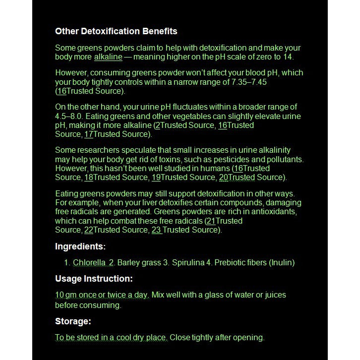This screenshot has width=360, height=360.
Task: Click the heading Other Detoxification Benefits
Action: coord(116,31)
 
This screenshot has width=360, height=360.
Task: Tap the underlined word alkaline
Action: coord(108,57)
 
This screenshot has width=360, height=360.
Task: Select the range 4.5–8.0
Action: coord(73,116)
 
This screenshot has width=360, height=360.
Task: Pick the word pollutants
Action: coord(284,159)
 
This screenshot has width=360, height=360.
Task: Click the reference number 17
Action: coord(89,134)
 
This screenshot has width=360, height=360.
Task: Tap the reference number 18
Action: coord(89,178)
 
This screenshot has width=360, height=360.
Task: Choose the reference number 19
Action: coord(156,178)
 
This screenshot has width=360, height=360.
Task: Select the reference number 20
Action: coord(224,178)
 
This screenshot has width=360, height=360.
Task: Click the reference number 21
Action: coord(211,221)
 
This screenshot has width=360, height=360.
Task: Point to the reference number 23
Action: coord(157,230)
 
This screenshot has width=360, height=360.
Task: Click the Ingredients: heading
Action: coord(80,246)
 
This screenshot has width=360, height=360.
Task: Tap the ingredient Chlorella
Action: coord(89,262)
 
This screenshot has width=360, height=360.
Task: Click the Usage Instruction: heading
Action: coord(94,279)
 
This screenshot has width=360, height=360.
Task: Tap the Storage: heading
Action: coord(73,321)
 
